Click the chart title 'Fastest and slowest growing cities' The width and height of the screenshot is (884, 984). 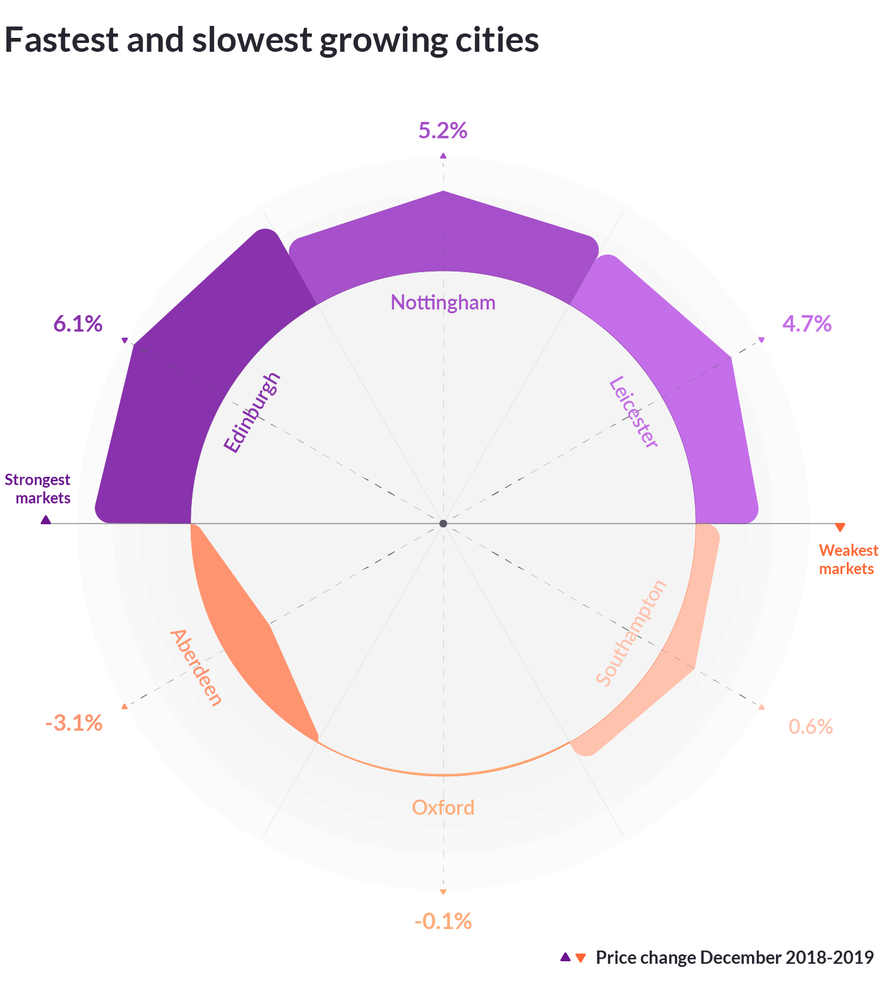(272, 40)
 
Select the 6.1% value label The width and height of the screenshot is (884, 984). (78, 324)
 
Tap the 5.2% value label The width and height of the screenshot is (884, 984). (443, 131)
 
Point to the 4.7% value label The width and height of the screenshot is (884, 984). (806, 324)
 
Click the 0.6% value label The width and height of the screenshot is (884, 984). (810, 727)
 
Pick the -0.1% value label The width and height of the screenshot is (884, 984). (443, 921)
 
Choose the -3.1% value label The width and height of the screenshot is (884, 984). (74, 723)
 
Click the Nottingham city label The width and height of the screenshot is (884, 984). (443, 303)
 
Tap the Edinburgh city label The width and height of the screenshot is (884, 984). (251, 414)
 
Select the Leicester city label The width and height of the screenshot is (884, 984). (633, 412)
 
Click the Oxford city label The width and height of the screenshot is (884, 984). (443, 808)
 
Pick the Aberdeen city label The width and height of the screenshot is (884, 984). (196, 668)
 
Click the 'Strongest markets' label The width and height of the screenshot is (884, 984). (38, 489)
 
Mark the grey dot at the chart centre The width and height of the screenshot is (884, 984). (443, 524)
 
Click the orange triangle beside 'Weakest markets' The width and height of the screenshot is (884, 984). (839, 527)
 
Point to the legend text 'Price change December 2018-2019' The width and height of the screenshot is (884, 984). (734, 957)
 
